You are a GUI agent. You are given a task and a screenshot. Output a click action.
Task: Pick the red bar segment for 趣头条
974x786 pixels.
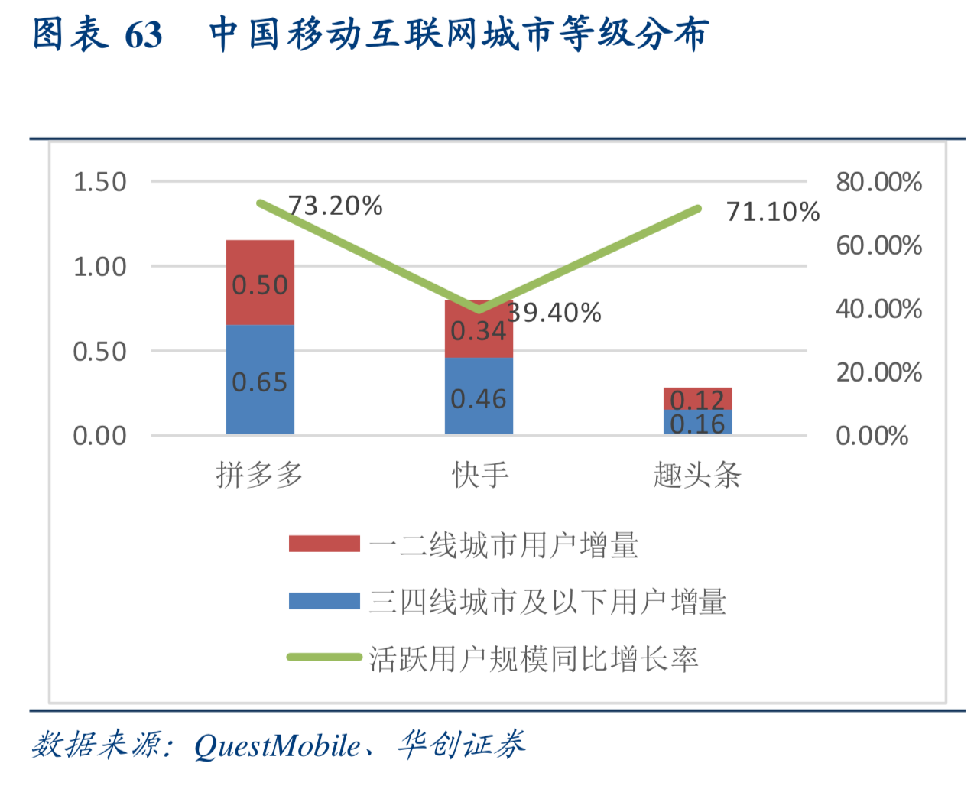point(697,398)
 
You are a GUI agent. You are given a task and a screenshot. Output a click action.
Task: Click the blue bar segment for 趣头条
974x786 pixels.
point(697,422)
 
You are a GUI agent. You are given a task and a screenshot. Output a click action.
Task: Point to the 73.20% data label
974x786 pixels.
point(335,206)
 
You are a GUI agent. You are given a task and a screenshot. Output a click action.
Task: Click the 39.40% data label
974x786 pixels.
point(554,313)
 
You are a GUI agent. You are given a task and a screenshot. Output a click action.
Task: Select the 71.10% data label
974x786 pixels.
point(772,212)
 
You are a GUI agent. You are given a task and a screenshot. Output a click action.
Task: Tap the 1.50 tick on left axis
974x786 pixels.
point(99,182)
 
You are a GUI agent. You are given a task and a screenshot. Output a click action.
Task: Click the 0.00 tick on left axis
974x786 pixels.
point(99,436)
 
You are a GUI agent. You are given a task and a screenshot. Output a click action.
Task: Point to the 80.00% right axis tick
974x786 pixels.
point(878,182)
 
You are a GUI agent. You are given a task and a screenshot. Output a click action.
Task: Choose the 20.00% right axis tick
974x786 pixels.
point(878,372)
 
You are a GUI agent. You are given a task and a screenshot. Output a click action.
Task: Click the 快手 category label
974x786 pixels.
point(480,476)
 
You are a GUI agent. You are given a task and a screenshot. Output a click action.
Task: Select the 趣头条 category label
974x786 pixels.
point(697,476)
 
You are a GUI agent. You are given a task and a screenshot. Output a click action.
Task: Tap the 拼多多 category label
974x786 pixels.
point(260,476)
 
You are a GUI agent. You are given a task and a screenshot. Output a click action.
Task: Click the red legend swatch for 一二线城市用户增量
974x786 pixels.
point(324,544)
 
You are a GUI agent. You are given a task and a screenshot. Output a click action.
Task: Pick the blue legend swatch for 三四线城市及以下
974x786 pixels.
point(324,601)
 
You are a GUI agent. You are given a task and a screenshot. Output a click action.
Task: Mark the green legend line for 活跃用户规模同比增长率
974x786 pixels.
point(324,657)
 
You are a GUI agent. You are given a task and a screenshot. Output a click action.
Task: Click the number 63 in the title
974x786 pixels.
point(143,35)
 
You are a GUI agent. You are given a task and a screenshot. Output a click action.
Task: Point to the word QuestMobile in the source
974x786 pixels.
point(277,745)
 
